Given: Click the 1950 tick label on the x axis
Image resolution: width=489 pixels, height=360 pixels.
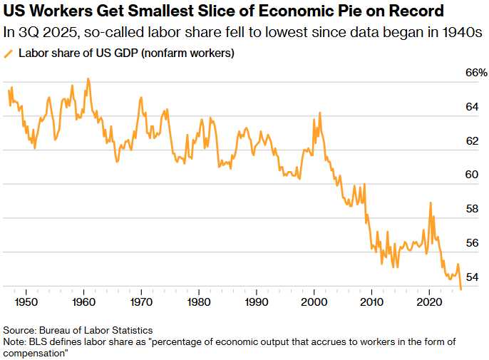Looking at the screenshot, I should click(26, 302).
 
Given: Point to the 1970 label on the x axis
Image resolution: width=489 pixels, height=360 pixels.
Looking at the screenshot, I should click(141, 302).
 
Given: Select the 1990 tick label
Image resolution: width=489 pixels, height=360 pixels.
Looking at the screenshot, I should click(257, 302).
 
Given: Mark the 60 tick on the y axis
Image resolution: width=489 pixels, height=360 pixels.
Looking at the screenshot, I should click(471, 175).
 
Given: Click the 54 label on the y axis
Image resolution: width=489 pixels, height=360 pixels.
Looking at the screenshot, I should click(471, 277).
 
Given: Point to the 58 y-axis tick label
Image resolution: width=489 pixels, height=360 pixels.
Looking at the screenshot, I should click(471, 209).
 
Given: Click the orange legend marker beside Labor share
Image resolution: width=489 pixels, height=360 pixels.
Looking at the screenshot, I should click(9, 53).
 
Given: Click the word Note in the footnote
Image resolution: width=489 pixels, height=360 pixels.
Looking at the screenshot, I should click(14, 341).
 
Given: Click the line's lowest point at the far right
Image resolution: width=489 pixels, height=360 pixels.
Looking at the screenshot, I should click(461, 289).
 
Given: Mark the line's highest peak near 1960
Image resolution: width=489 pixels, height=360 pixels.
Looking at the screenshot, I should click(88, 78).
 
